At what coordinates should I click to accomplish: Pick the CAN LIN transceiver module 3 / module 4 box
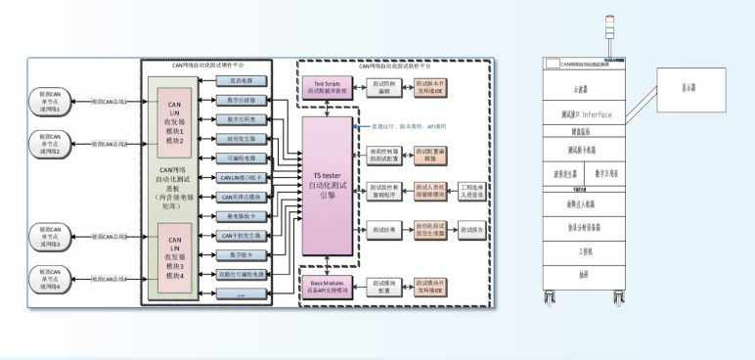tap(175, 255)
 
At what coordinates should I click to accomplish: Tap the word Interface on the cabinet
tap(598, 115)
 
